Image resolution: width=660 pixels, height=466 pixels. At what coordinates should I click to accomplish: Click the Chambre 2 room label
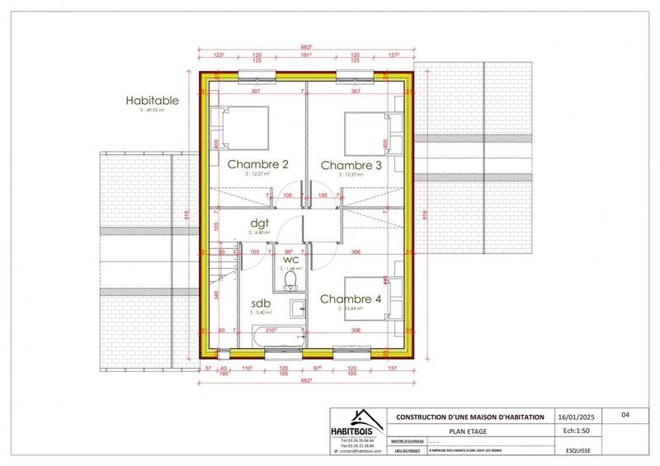257,165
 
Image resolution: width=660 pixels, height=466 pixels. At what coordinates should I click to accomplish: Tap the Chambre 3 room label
351,165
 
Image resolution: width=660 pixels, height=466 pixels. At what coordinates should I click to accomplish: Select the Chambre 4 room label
351,299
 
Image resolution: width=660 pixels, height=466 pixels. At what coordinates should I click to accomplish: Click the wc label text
290,258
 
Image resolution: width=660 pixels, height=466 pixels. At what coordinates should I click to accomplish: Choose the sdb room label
261,303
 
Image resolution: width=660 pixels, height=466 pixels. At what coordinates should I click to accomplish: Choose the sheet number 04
625,417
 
